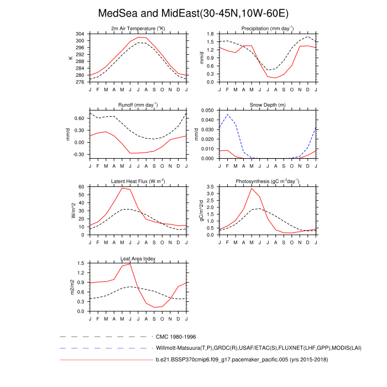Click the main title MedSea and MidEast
point(193,13)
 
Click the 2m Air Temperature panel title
point(138,28)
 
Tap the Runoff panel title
point(138,104)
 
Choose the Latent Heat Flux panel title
point(138,181)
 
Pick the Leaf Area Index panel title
point(138,258)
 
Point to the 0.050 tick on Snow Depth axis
point(208,111)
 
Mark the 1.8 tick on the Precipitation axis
point(211,34)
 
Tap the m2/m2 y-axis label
point(71,287)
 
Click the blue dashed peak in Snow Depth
point(228,114)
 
